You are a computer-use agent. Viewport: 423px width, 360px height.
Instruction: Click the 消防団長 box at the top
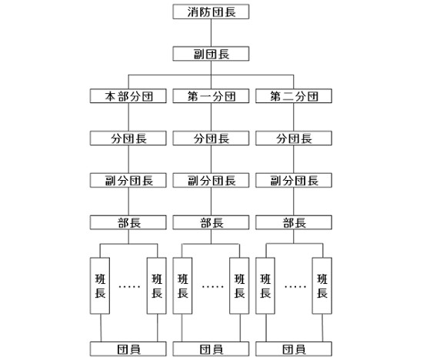coord(211,12)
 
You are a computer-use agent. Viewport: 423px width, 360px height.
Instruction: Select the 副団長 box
coord(211,54)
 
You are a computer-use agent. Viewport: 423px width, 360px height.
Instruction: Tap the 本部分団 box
coord(128,96)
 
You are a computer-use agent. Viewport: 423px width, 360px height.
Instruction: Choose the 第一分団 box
coord(211,96)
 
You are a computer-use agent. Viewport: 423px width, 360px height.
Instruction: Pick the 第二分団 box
coord(294,96)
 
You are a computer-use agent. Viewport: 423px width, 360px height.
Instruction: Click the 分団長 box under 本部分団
coord(128,138)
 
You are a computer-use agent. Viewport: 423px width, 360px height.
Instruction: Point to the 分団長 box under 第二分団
coord(294,138)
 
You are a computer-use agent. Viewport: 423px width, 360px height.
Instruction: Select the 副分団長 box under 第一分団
coord(211,180)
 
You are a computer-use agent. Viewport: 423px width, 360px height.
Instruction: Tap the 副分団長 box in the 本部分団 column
coord(128,180)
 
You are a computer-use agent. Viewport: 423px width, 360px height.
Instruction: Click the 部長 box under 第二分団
coord(294,222)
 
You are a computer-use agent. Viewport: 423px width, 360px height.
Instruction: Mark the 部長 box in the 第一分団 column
coord(211,222)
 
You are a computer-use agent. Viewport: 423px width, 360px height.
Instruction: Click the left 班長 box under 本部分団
coord(100,286)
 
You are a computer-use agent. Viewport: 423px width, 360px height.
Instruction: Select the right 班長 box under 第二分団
coord(321,286)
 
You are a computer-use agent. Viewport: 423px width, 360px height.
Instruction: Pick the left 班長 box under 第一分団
coord(182,286)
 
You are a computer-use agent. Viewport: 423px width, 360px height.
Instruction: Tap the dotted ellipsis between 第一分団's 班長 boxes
coord(212,287)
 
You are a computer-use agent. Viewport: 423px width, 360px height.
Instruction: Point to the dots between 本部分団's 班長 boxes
coord(129,287)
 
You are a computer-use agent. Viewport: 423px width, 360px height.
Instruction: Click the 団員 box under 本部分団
coord(128,349)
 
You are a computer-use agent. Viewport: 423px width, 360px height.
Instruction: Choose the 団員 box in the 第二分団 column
coord(294,349)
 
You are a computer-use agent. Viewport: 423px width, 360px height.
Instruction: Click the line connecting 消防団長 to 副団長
coord(211,33)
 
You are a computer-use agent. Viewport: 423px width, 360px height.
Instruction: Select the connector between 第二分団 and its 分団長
coord(294,117)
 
